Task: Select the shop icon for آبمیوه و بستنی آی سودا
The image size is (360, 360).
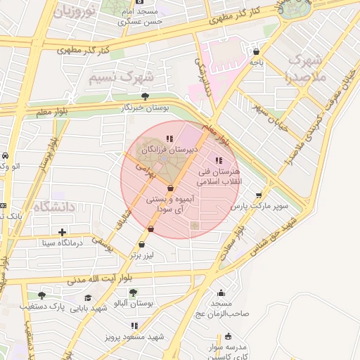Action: pos(171,188)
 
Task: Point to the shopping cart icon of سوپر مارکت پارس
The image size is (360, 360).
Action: pos(259,195)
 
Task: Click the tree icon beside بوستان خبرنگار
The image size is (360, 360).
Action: pos(145,96)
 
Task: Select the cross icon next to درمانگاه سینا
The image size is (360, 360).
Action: pos(63,231)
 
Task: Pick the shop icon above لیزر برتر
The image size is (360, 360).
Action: pos(142,245)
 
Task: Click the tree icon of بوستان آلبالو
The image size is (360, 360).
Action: pos(133,292)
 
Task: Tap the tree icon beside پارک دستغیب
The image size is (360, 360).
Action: pos(41,295)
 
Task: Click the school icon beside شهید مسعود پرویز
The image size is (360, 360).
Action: pos(134,326)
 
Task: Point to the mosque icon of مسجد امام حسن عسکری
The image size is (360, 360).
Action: pos(139,9)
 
